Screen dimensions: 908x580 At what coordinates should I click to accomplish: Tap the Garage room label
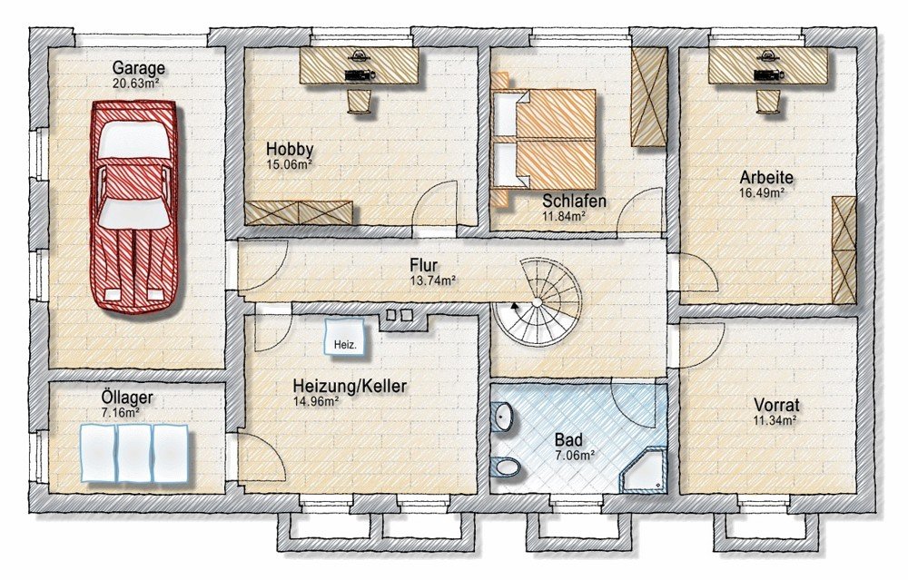click(x=138, y=68)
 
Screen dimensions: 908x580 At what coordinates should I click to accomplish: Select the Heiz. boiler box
click(x=345, y=339)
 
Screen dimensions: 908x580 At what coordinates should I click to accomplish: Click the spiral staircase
click(x=537, y=301)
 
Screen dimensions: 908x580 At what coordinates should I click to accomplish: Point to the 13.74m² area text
click(x=432, y=280)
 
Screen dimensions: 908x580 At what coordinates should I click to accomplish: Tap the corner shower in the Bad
click(x=645, y=470)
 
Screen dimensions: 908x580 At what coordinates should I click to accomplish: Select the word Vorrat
click(x=776, y=405)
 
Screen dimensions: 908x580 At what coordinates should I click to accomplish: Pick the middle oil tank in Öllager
click(x=134, y=453)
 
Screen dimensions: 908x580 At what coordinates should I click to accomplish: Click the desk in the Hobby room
click(x=359, y=64)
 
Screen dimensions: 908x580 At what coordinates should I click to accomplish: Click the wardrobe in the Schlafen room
click(x=648, y=96)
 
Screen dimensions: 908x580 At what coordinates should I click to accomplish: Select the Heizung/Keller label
click(x=350, y=386)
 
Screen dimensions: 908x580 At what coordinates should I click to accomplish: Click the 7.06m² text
click(x=575, y=456)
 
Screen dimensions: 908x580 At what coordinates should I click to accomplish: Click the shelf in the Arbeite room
click(x=844, y=250)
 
